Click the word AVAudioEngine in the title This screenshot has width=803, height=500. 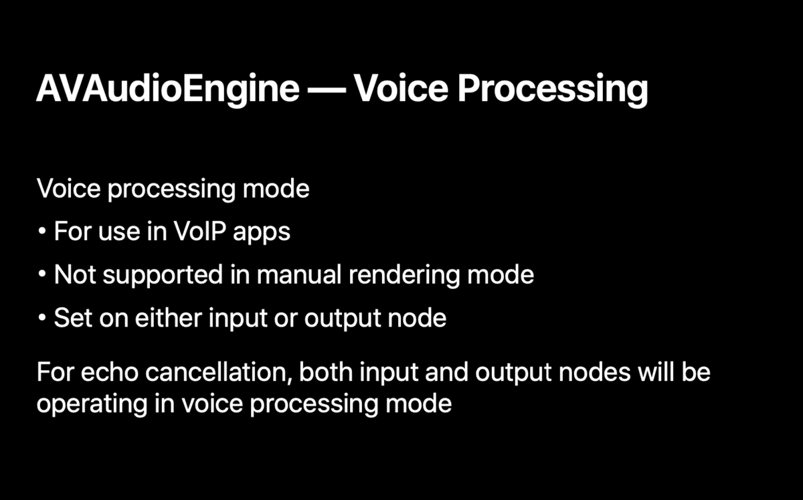[167, 89]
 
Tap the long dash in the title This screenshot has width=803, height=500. [327, 89]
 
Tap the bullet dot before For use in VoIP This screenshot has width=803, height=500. [41, 232]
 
